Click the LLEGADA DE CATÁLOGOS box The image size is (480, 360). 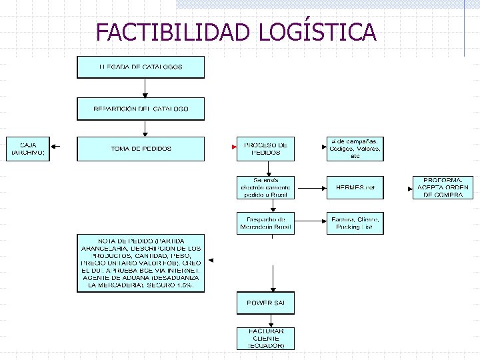point(141,67)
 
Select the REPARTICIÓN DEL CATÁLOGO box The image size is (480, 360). point(141,109)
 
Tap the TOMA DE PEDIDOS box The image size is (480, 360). point(141,149)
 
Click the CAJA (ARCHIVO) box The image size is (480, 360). point(28,149)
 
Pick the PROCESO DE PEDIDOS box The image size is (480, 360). point(265,149)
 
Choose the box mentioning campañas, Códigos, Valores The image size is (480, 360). point(355,149)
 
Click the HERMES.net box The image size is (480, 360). point(355,188)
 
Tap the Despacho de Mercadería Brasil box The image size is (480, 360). point(265,223)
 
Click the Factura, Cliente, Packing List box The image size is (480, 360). point(355,223)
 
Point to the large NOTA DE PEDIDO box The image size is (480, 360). point(141,263)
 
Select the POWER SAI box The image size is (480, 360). point(265,303)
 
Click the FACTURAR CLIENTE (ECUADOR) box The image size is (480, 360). point(265,339)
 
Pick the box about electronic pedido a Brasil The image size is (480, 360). point(265,188)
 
